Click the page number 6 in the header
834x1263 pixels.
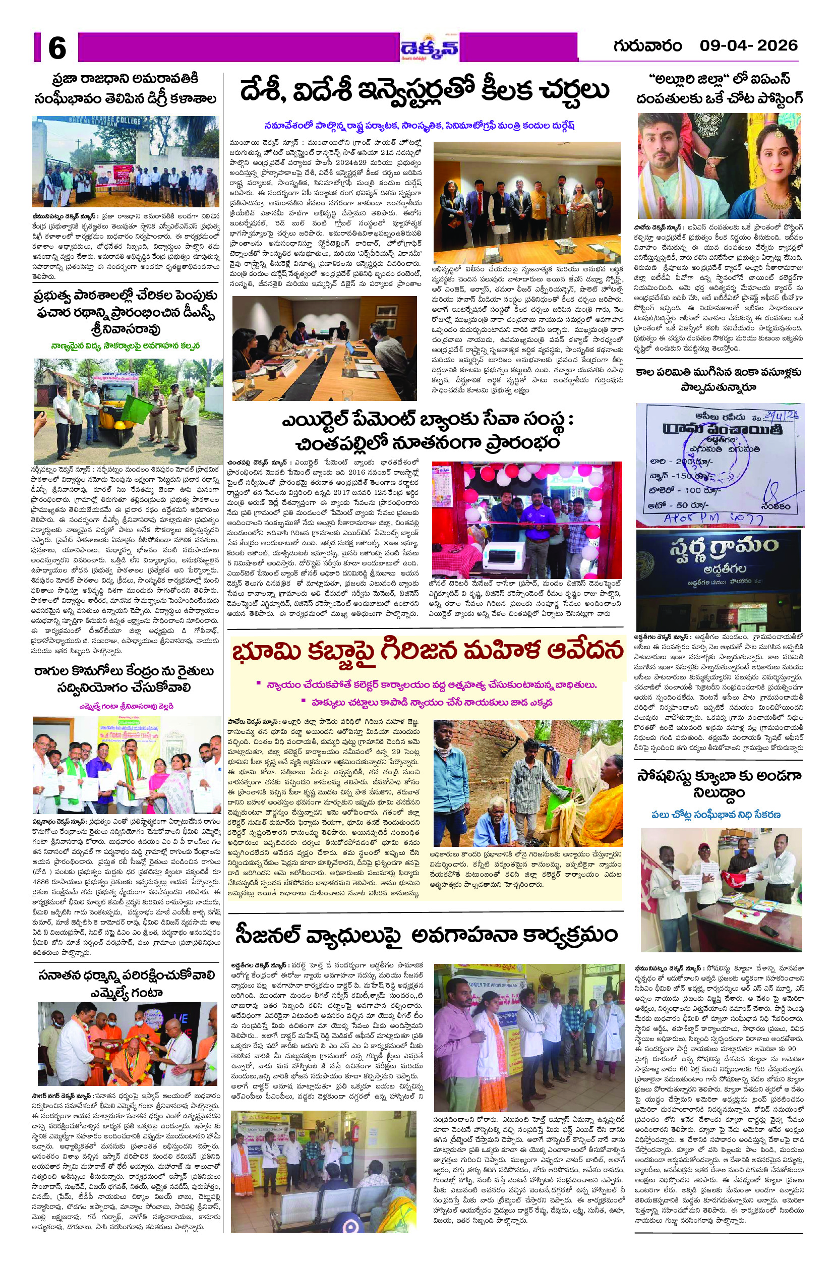[x=57, y=48]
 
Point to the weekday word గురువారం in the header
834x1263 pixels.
[x=647, y=46]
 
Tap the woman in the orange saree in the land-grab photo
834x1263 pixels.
[x=604, y=793]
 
